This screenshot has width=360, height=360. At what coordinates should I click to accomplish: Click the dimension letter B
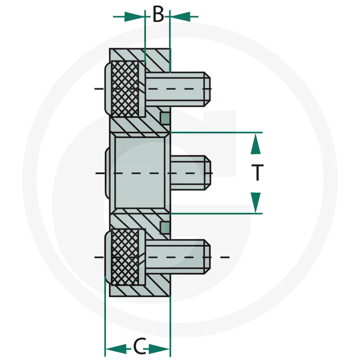(x=158, y=15)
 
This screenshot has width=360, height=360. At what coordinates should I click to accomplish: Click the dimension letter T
(x=256, y=173)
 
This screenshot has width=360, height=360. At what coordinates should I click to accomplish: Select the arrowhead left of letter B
(x=135, y=17)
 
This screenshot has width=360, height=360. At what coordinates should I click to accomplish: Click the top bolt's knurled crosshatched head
(x=125, y=88)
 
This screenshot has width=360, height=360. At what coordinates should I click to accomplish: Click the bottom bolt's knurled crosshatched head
(x=125, y=257)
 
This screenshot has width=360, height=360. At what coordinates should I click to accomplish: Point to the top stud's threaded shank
(x=178, y=88)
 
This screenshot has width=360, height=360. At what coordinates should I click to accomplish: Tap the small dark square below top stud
(x=165, y=118)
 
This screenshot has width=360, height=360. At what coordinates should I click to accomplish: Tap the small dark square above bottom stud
(x=165, y=228)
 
